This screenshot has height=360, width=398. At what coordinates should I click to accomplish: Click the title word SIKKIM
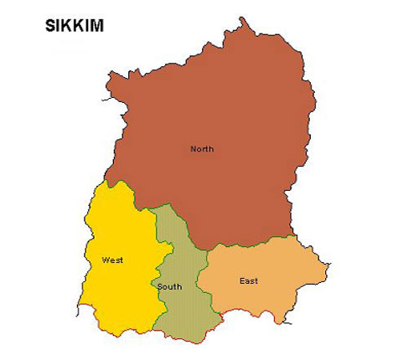click(x=75, y=26)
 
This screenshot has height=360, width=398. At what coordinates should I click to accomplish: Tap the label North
click(x=202, y=149)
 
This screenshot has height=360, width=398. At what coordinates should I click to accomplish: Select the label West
click(x=112, y=260)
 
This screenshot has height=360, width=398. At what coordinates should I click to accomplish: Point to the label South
click(x=169, y=287)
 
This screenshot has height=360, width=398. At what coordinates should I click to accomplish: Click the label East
click(x=248, y=280)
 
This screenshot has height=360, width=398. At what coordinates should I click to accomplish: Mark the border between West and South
click(x=159, y=268)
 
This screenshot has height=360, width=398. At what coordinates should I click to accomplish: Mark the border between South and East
click(x=201, y=285)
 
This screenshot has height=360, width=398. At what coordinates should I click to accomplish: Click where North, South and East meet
click(x=207, y=249)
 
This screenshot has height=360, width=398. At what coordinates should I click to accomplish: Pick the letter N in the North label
click(x=194, y=149)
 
